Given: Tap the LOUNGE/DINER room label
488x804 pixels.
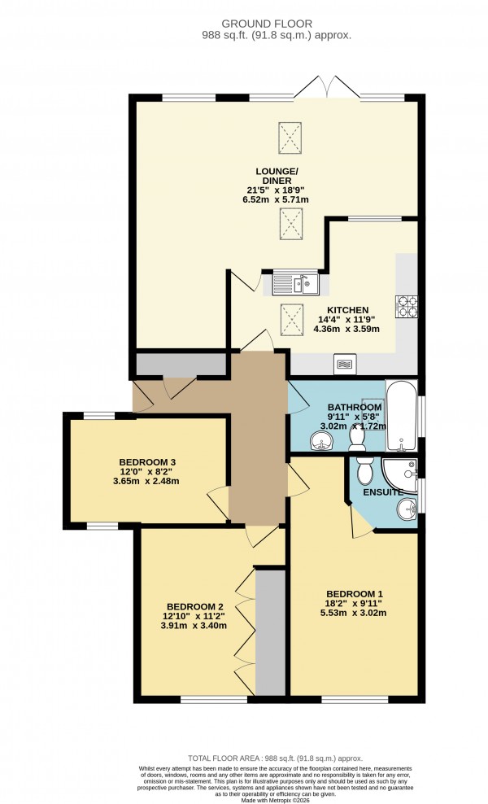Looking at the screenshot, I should pos(277,175).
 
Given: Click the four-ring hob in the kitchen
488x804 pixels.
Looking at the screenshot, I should pos(406,307).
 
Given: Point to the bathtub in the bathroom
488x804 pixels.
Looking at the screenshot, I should pos(401,416).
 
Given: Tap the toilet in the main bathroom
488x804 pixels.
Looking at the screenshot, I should pos(355,436).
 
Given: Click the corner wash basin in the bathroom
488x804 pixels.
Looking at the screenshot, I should pos(323,440).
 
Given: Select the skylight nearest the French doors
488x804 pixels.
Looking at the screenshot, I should pos(290,132).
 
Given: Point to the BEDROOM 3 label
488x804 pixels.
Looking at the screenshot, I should pos(146,461).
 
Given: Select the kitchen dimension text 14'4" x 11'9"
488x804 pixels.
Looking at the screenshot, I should pos(348,321).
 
